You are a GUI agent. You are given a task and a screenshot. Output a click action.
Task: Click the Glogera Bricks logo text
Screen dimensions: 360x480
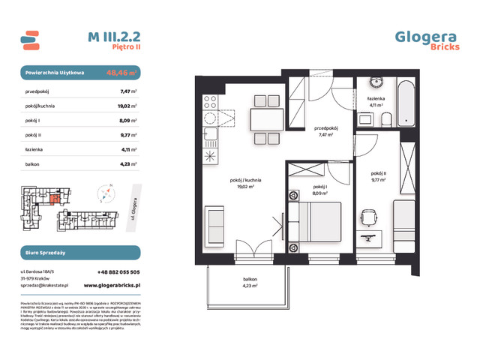point(425,40)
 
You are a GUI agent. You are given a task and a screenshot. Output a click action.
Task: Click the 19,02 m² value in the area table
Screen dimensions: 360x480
point(125,106)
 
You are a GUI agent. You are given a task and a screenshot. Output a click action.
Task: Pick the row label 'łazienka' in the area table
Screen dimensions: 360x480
point(33,148)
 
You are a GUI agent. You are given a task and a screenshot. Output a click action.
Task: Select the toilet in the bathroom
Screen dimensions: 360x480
point(385,120)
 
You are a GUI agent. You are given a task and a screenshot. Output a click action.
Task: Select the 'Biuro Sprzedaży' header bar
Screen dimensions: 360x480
point(79,252)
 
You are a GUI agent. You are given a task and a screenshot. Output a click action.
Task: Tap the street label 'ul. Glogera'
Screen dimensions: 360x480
point(133,205)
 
